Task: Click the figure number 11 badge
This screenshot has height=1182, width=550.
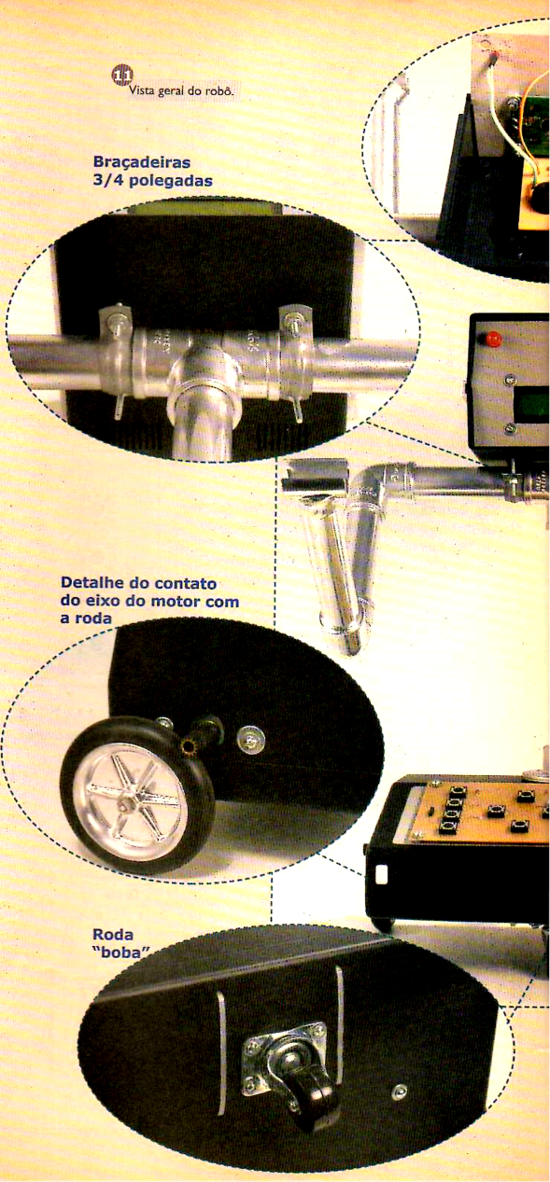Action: pyautogui.click(x=121, y=75)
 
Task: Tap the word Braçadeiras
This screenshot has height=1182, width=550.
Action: pyautogui.click(x=141, y=161)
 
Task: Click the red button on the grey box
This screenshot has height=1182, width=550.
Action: pyautogui.click(x=493, y=337)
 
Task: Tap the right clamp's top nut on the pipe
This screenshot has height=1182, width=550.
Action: pyautogui.click(x=292, y=320)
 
